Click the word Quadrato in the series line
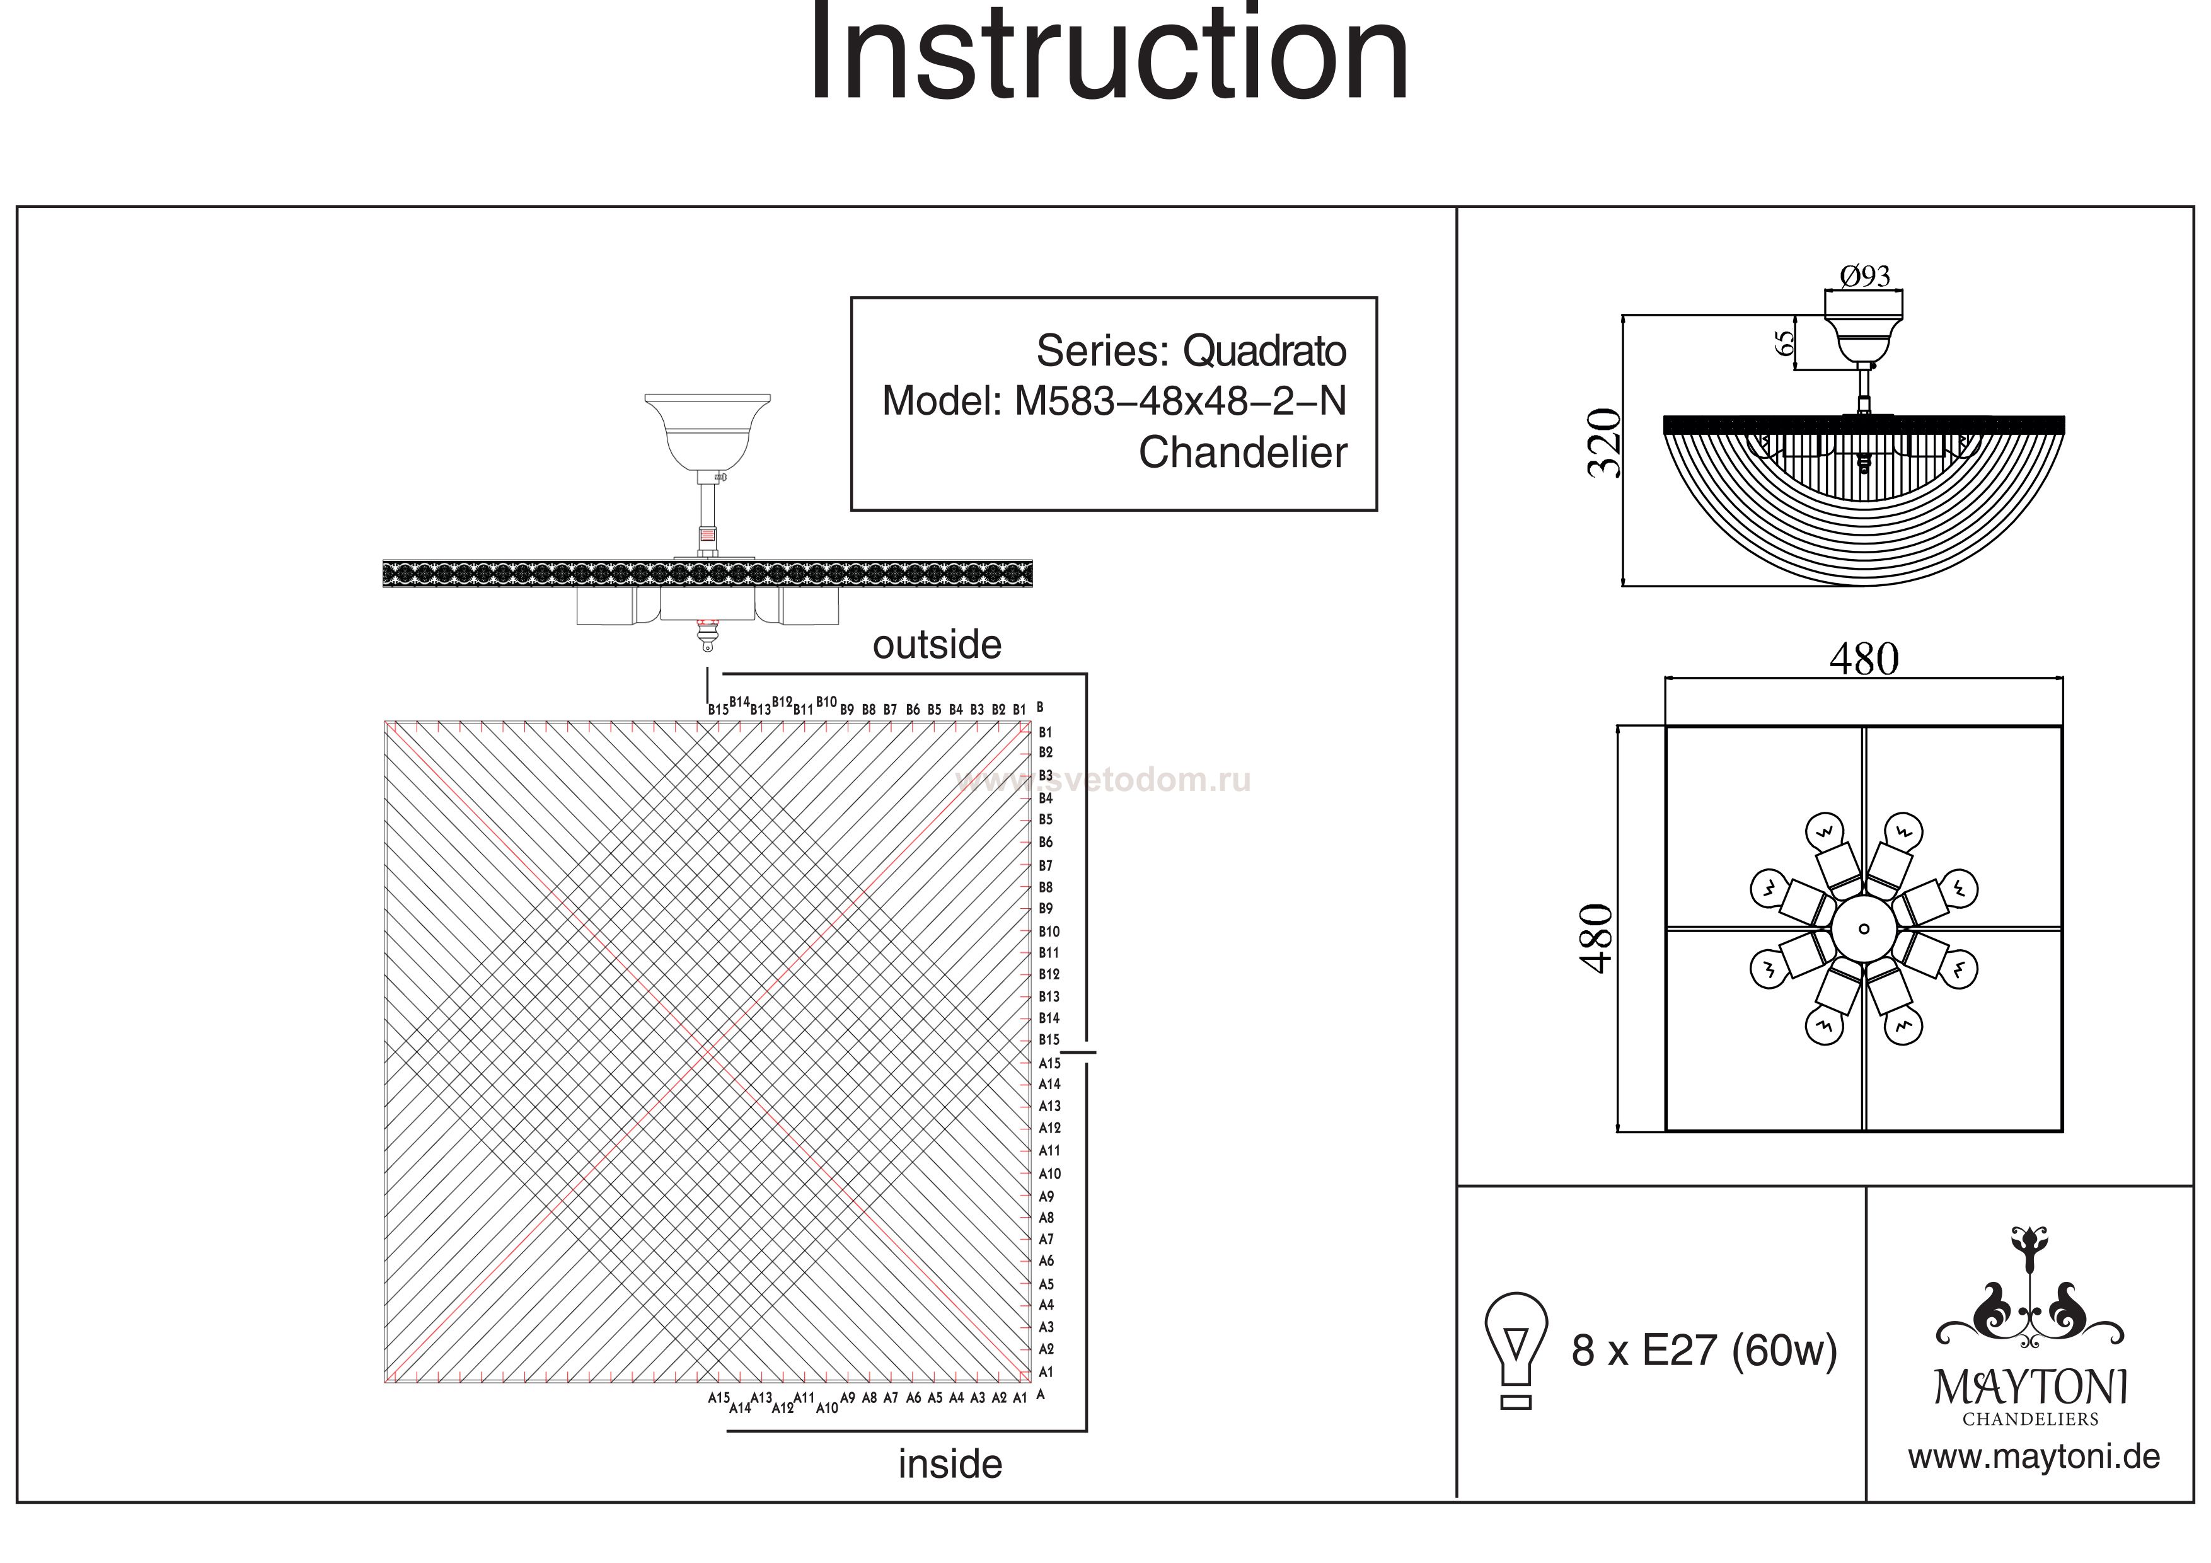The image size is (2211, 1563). [x=1264, y=352]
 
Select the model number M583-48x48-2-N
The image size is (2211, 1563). [x=1180, y=401]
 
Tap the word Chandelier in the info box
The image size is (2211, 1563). [x=1242, y=453]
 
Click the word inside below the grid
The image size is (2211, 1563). [x=949, y=1465]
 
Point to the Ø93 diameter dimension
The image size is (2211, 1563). [x=1864, y=277]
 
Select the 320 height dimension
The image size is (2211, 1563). [x=1604, y=444]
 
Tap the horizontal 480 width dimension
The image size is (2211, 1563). [x=1863, y=660]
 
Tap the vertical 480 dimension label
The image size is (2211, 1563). [x=1596, y=939]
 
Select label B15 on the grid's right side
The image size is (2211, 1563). [x=1049, y=1040]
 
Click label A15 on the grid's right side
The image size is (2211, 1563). [x=1049, y=1063]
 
